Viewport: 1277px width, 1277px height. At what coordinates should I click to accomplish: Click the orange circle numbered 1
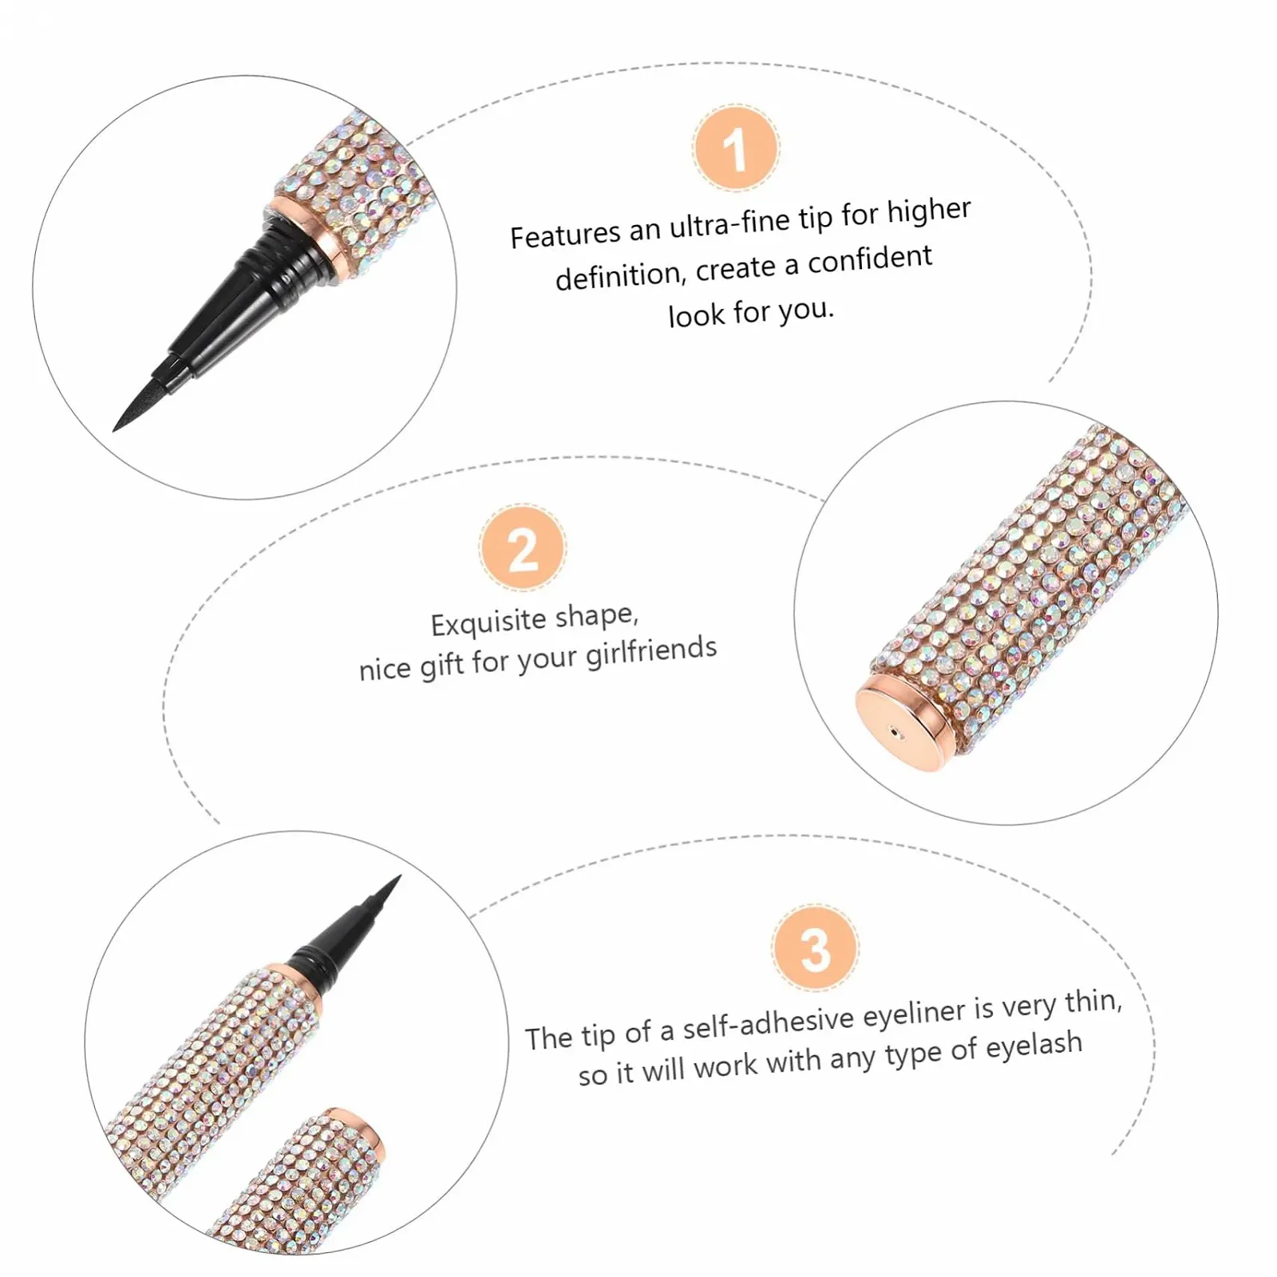point(735,148)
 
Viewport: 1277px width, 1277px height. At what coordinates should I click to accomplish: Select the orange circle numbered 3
point(815,948)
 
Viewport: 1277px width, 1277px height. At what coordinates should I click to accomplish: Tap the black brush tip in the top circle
point(147,394)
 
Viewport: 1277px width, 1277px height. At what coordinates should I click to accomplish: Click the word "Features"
point(565,235)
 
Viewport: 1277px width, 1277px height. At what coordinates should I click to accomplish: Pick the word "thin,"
point(1093,1001)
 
